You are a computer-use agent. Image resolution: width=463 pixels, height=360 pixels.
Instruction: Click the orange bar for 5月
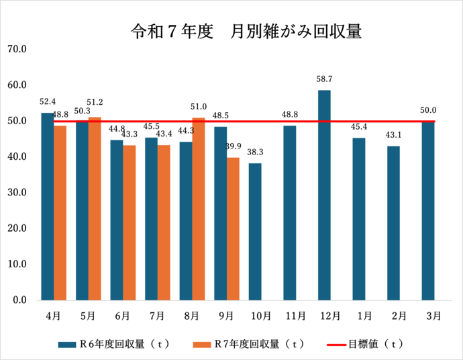[x=95, y=208]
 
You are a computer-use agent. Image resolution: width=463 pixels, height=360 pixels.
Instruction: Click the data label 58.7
[x=324, y=79]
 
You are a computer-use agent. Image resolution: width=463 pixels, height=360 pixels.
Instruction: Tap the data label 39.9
[x=234, y=146]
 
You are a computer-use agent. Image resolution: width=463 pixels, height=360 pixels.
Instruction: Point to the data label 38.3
[x=255, y=152]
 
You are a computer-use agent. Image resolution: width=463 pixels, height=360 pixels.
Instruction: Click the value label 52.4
[x=48, y=102]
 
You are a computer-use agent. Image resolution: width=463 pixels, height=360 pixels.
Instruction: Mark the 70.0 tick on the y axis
[x=16, y=49]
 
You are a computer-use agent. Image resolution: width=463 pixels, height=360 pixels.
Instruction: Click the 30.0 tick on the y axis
[x=16, y=193]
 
